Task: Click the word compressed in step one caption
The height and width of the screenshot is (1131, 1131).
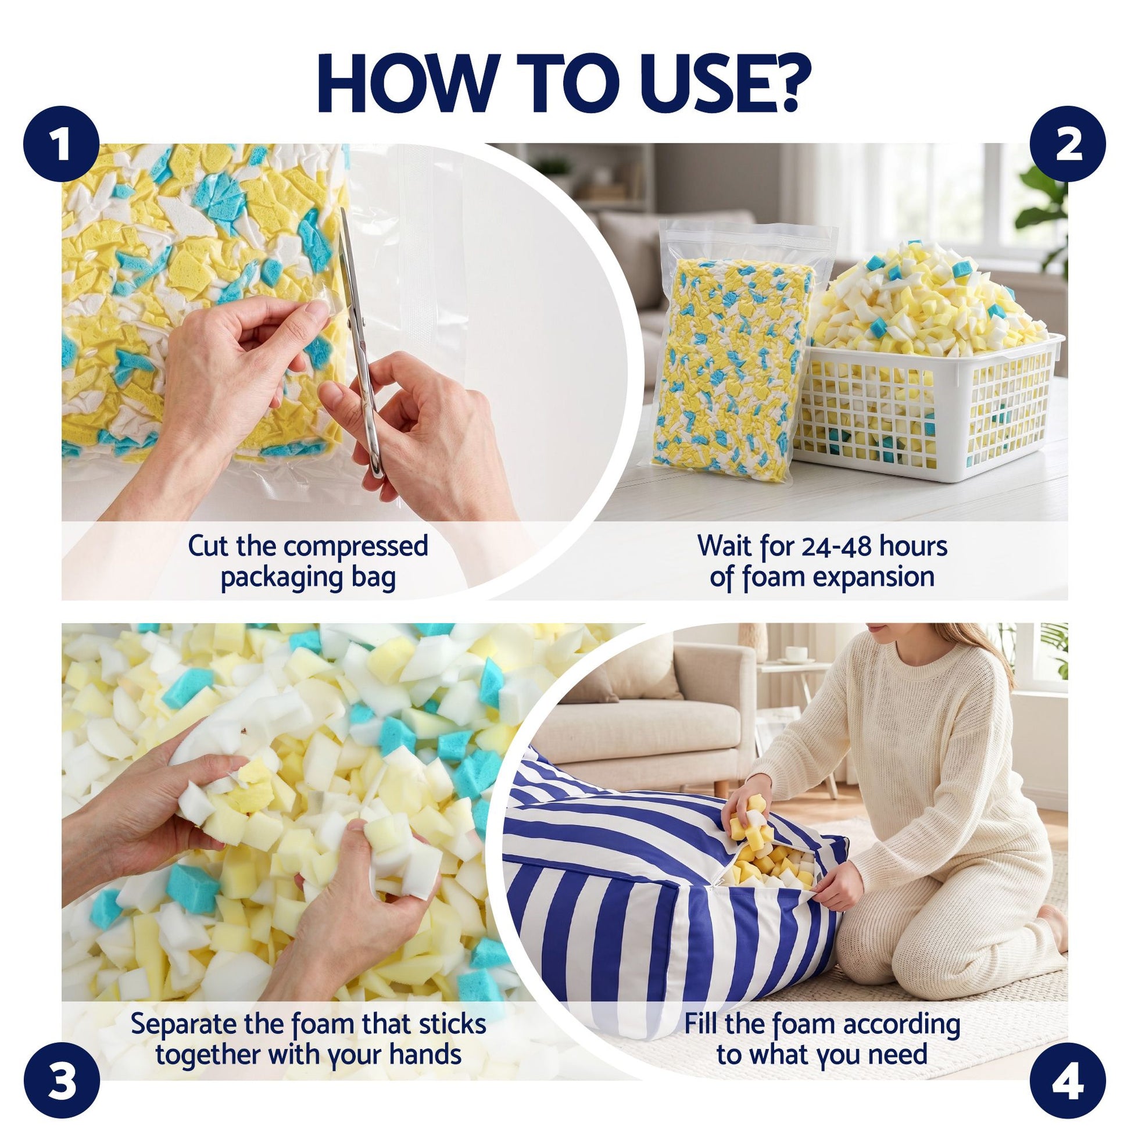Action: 356,547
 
